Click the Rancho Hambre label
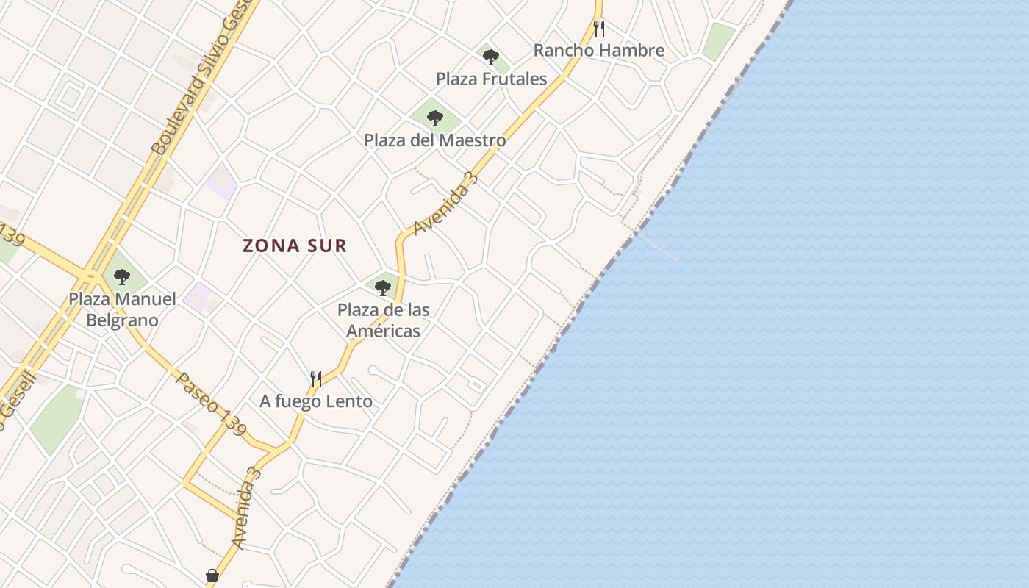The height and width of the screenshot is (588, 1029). [x=598, y=51]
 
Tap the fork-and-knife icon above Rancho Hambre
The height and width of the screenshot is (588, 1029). [x=599, y=29]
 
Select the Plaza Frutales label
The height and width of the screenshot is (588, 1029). [x=491, y=79]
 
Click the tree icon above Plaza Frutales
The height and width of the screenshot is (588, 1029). [x=491, y=57]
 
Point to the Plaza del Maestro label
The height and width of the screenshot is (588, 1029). [x=435, y=140]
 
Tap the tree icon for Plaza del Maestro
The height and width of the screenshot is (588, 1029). [x=435, y=118]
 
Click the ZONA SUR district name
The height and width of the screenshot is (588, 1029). [x=295, y=245]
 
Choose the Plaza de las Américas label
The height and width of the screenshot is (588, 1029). [x=384, y=320]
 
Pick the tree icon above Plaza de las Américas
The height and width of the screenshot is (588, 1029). [x=382, y=287]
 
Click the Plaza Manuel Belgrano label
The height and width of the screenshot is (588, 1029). [x=122, y=309]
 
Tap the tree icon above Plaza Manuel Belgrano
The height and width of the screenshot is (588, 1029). [x=122, y=277]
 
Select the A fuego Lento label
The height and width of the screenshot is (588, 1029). [x=316, y=401]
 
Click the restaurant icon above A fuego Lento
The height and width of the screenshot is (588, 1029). [x=316, y=379]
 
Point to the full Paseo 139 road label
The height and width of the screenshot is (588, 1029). [x=212, y=404]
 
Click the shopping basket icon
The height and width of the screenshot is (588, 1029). [x=212, y=576]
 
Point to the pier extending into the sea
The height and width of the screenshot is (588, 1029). [x=659, y=247]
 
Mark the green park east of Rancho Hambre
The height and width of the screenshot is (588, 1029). [x=718, y=40]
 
